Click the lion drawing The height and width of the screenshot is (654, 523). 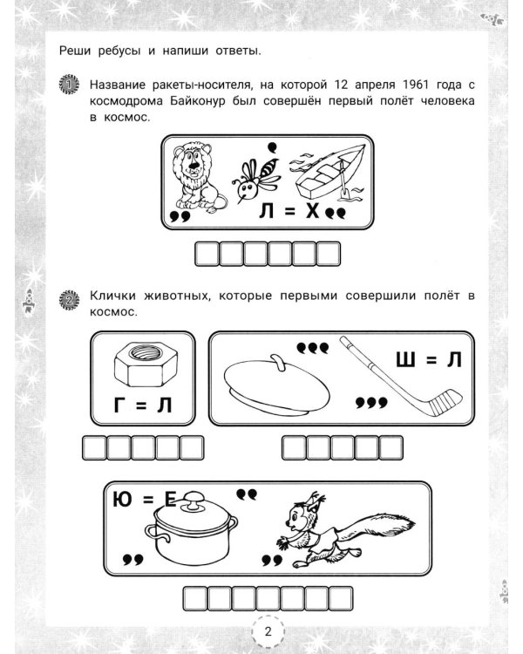196,176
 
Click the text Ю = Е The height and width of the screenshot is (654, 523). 144,501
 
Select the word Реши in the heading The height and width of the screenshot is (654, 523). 76,50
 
